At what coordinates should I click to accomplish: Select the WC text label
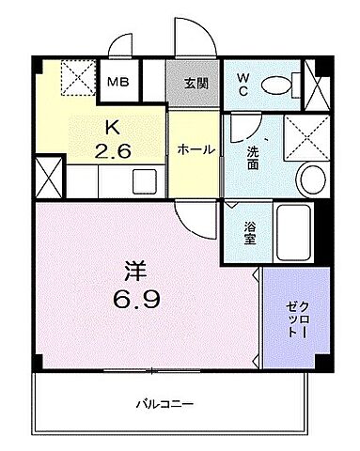[243, 83]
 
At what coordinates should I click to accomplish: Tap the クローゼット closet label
[295, 318]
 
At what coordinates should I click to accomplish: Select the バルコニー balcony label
[164, 404]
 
